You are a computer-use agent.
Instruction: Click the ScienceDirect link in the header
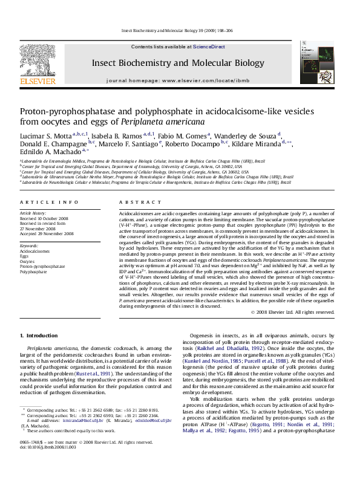pos(209,47)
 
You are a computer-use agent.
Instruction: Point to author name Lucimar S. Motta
pos(46,135)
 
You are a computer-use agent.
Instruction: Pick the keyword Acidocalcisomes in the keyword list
pos(34,251)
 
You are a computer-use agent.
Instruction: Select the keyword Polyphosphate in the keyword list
pos(33,272)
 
